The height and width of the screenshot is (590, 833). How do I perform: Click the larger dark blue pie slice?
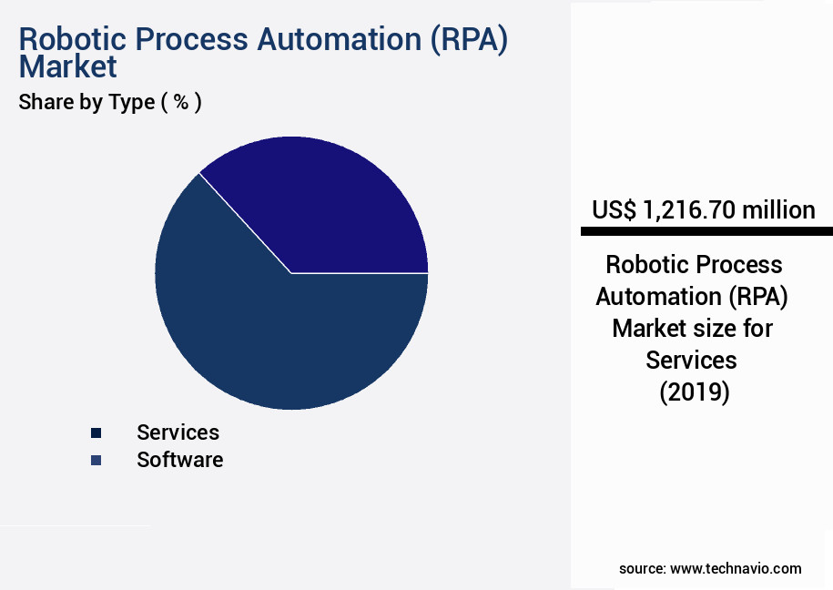click(273, 337)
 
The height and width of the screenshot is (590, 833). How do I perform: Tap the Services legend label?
click(178, 432)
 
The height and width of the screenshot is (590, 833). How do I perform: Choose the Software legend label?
click(179, 460)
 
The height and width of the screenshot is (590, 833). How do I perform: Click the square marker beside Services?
click(96, 432)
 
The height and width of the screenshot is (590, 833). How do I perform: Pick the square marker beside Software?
click(96, 461)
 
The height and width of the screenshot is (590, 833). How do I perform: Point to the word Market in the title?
click(67, 67)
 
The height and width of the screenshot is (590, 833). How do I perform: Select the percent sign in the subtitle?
click(181, 102)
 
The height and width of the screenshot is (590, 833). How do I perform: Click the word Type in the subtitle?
click(132, 102)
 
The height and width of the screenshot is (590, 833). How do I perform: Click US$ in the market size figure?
click(615, 210)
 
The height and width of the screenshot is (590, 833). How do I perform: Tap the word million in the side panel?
click(778, 210)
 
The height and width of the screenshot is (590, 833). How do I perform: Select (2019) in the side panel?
click(693, 392)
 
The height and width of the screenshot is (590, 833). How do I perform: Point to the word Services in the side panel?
click(692, 361)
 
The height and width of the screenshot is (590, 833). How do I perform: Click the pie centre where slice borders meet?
click(291, 272)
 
